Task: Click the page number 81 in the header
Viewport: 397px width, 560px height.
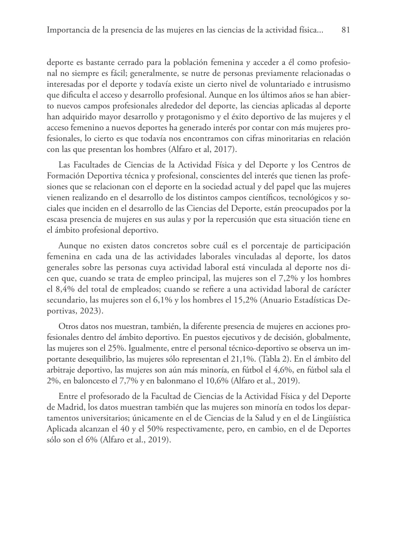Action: click(345, 31)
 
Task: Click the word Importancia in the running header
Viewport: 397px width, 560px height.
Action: click(68, 31)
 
